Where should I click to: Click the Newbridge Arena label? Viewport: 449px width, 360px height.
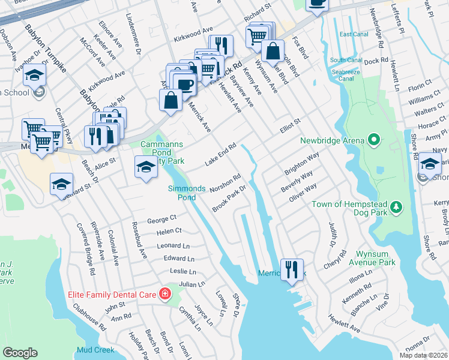pyautogui.click(x=332, y=141)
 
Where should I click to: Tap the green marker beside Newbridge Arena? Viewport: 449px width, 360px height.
pyautogui.click(x=373, y=141)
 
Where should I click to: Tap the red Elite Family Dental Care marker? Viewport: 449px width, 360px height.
pyautogui.click(x=163, y=293)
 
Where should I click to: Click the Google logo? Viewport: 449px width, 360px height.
pyautogui.click(x=20, y=353)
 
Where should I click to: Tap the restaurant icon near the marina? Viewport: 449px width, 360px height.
pyautogui.click(x=292, y=268)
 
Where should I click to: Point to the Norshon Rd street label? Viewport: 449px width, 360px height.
pyautogui.click(x=225, y=184)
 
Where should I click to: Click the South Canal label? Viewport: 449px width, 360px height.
pyautogui.click(x=345, y=60)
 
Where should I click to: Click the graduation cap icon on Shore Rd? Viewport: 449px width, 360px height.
pyautogui.click(x=430, y=163)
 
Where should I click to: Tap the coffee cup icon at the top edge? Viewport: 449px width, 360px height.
pyautogui.click(x=317, y=4)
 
